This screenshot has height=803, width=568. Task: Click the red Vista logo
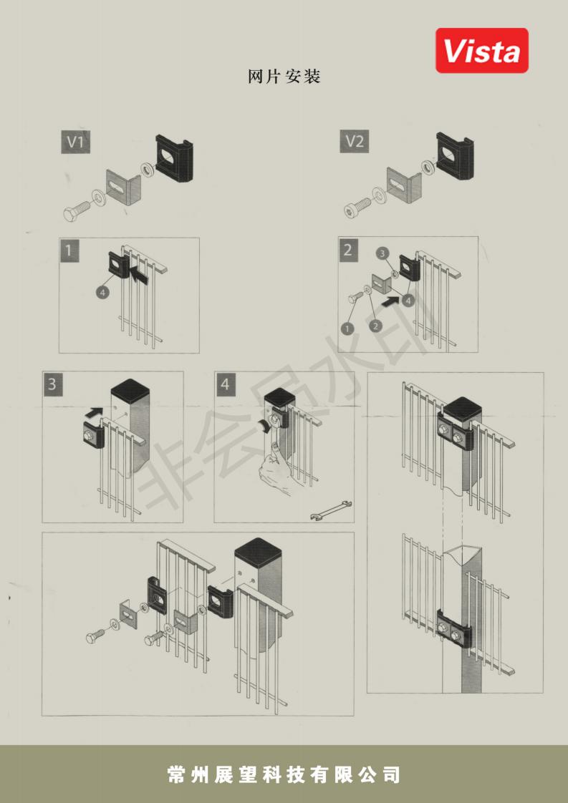pyautogui.click(x=482, y=50)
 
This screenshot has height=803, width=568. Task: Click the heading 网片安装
pyautogui.click(x=284, y=77)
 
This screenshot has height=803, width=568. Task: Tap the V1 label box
pyautogui.click(x=75, y=141)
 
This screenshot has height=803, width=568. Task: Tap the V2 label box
pyautogui.click(x=355, y=141)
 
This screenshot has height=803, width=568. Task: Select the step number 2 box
pyautogui.click(x=348, y=249)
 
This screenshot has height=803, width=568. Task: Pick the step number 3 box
pyautogui.click(x=52, y=384)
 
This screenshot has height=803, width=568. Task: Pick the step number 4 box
pyautogui.click(x=224, y=384)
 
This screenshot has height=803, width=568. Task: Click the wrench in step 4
pyautogui.click(x=331, y=510)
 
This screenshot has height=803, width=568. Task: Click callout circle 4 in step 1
pyautogui.click(x=102, y=292)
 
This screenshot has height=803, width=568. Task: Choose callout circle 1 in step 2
pyautogui.click(x=347, y=328)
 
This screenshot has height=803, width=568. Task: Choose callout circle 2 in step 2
pyautogui.click(x=376, y=326)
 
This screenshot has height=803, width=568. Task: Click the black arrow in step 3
pyautogui.click(x=93, y=411)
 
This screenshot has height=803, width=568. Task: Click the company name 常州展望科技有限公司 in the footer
pyautogui.click(x=284, y=774)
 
